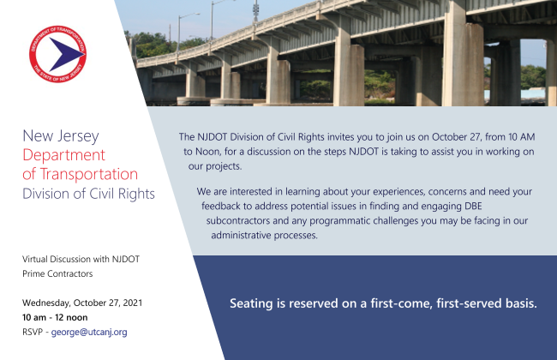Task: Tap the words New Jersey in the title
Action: pos(61,137)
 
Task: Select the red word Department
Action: pos(64,156)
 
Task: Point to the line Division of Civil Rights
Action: pos(88,194)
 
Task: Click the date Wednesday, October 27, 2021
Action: pos(82,303)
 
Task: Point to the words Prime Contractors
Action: pos(57,273)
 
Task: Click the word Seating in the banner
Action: pos(255,303)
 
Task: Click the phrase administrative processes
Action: pos(257,236)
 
